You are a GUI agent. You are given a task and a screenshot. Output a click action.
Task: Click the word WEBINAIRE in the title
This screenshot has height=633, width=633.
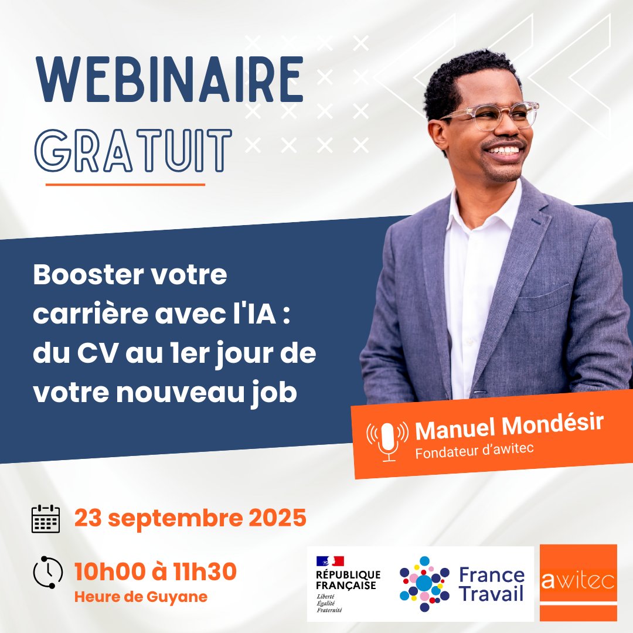click(x=169, y=80)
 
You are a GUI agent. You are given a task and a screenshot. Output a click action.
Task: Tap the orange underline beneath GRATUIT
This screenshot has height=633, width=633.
click(x=125, y=184)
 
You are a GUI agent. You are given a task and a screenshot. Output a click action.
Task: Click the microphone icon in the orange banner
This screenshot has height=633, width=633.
click(x=387, y=440)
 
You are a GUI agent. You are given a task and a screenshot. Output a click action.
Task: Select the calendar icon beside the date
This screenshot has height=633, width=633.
click(x=46, y=518)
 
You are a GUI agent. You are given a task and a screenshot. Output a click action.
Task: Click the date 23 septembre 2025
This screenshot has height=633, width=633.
click(x=190, y=518)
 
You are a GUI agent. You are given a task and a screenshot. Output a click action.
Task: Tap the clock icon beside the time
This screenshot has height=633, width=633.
click(x=47, y=572)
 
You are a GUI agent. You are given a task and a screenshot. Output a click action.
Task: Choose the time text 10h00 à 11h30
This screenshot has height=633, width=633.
click(x=155, y=571)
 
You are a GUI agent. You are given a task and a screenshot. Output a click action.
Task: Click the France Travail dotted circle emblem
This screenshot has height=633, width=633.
click(x=424, y=583)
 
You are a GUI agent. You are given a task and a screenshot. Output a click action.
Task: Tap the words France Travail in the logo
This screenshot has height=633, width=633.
click(x=491, y=584)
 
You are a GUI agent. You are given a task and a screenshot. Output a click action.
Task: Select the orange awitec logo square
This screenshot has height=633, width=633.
click(x=578, y=582)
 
